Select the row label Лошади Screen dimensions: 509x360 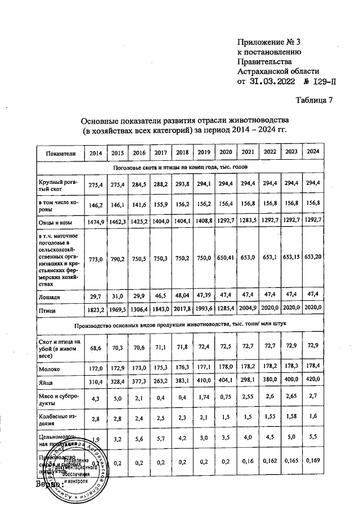(49, 296)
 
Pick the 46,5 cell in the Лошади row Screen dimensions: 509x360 (160, 296)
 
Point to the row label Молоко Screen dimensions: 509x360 (49, 368)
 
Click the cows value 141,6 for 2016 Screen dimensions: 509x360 (138, 205)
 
